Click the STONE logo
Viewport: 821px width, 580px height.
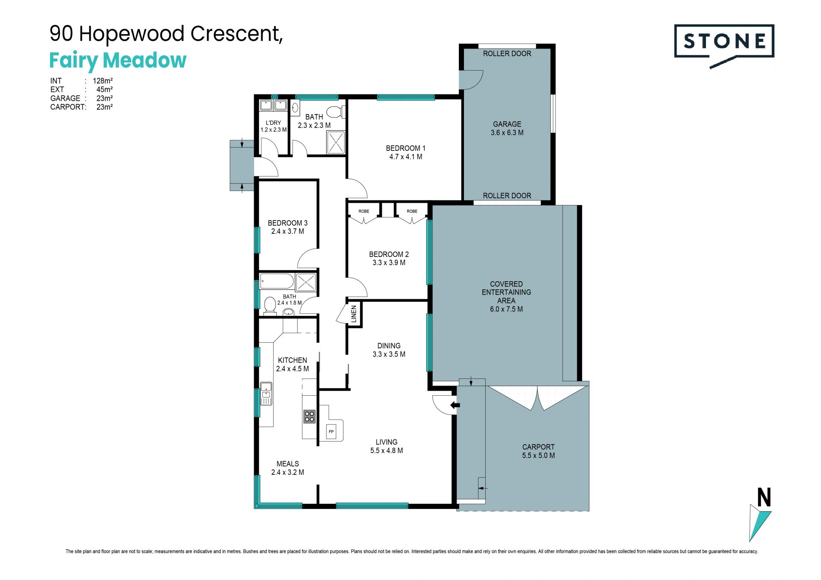pos(724,46)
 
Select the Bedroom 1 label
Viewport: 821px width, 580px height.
pos(405,148)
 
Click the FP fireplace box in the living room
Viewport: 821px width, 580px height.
pos(331,432)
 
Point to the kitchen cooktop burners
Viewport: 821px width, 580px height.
pos(309,416)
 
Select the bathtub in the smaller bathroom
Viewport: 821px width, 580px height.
pos(277,282)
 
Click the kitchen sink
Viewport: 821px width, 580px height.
pos(266,394)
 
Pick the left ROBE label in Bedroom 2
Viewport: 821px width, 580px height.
pos(364,211)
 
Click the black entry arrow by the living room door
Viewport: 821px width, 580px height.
pos(455,405)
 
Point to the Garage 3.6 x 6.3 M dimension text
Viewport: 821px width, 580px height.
pos(507,132)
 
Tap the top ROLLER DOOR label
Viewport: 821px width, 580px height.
pos(507,53)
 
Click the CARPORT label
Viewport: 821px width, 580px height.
pos(538,447)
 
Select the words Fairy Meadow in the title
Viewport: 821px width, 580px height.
pos(118,61)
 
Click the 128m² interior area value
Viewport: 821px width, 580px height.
pos(103,81)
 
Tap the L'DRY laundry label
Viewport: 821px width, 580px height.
pos(273,123)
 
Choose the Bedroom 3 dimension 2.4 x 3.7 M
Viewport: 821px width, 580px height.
pos(288,231)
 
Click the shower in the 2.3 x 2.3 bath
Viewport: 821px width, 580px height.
pos(336,142)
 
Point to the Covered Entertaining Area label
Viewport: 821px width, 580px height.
pos(506,292)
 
